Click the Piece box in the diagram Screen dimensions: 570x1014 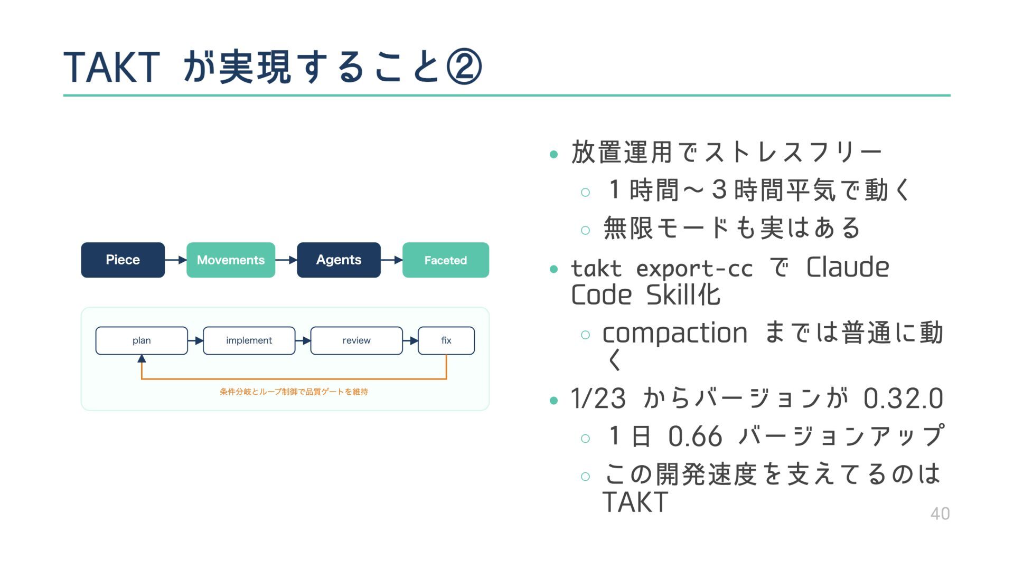click(x=123, y=260)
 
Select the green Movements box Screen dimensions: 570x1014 click(x=231, y=260)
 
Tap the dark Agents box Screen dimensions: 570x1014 click(x=339, y=260)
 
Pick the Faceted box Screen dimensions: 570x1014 click(x=446, y=260)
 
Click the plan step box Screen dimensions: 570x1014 click(x=142, y=340)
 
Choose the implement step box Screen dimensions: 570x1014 click(x=249, y=340)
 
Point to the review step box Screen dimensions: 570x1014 click(x=356, y=340)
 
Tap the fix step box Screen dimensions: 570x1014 click(x=446, y=340)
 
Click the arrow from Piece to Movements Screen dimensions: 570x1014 click(x=176, y=260)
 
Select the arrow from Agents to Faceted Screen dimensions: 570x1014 click(x=392, y=260)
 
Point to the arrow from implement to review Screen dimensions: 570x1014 click(x=303, y=341)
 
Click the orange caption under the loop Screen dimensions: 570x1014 click(x=294, y=392)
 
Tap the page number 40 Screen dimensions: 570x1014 click(x=940, y=514)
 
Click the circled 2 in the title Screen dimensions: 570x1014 click(x=464, y=67)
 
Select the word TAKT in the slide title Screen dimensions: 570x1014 click(x=111, y=68)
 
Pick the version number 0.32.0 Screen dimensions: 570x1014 click(x=903, y=398)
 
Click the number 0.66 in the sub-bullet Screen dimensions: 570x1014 click(x=694, y=437)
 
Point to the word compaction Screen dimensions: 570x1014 click(x=675, y=333)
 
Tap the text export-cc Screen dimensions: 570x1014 click(x=694, y=269)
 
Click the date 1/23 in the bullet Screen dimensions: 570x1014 click(x=598, y=398)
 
